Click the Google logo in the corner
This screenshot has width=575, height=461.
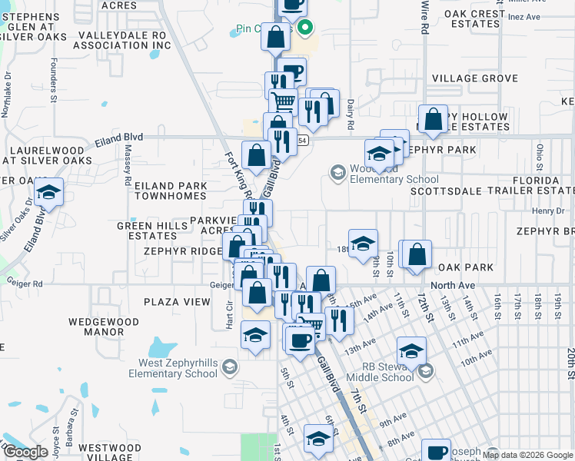(x=25, y=452)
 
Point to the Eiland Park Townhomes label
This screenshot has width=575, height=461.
(x=171, y=191)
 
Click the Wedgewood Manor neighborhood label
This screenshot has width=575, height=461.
(x=96, y=327)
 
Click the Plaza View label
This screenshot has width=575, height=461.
(x=181, y=302)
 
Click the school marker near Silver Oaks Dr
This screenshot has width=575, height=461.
(x=48, y=193)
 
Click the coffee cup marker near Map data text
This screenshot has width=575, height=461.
(x=437, y=452)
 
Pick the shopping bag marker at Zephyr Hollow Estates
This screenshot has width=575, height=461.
(x=434, y=118)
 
